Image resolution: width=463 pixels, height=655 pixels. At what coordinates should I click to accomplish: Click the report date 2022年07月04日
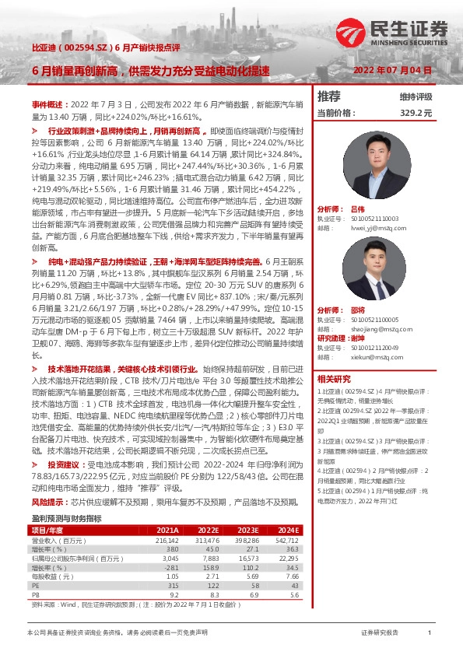tap(392, 71)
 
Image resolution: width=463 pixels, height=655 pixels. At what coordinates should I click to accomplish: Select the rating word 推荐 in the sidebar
tap(330, 96)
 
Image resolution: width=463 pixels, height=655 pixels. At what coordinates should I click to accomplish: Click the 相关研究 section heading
tap(335, 379)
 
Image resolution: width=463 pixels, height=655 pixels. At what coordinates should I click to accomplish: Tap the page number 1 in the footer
tap(430, 633)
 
